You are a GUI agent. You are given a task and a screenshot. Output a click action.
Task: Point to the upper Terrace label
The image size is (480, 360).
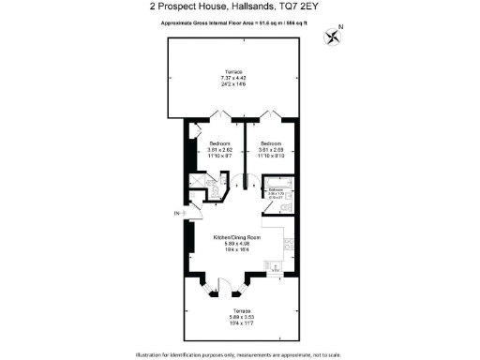232,72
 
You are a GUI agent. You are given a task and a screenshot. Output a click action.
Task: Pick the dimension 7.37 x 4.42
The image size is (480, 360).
232,78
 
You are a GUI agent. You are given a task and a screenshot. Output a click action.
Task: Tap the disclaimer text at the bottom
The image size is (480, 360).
239,353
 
